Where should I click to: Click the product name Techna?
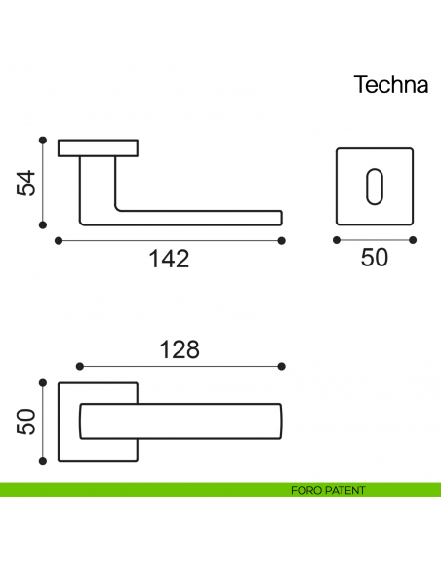390,84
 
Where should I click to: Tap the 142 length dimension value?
168,260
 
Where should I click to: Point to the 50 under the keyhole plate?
375,258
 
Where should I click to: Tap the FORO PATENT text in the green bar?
328,490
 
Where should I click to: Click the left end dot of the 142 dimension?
59,240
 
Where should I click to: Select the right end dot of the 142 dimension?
282,240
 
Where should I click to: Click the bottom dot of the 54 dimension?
42,225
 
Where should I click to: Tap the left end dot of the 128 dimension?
78,367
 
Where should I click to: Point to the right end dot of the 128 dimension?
282,367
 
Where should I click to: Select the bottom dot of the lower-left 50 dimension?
42,461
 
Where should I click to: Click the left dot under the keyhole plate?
336,240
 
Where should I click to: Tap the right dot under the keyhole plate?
414,240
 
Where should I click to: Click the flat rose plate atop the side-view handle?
99,148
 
